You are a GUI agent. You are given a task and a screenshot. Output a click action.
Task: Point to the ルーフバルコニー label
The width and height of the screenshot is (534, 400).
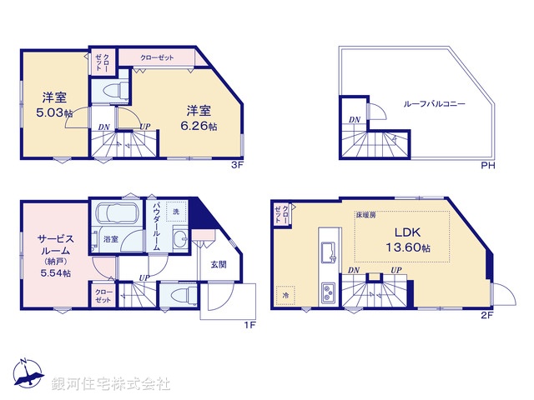pos(434,104)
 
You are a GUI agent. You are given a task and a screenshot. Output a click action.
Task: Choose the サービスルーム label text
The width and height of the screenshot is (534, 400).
pos(53,244)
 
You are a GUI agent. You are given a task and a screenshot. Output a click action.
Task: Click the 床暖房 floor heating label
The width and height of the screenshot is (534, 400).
pos(366,215)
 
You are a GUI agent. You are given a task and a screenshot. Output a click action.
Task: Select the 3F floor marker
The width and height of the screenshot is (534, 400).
pos(236,166)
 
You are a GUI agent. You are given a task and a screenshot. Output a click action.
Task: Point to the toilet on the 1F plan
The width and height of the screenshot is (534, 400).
pos(174,295)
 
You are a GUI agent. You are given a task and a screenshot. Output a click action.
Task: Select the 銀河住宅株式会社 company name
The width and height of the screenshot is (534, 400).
pos(111,384)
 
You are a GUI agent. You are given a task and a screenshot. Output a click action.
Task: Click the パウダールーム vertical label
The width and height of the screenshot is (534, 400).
pos(156,224)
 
